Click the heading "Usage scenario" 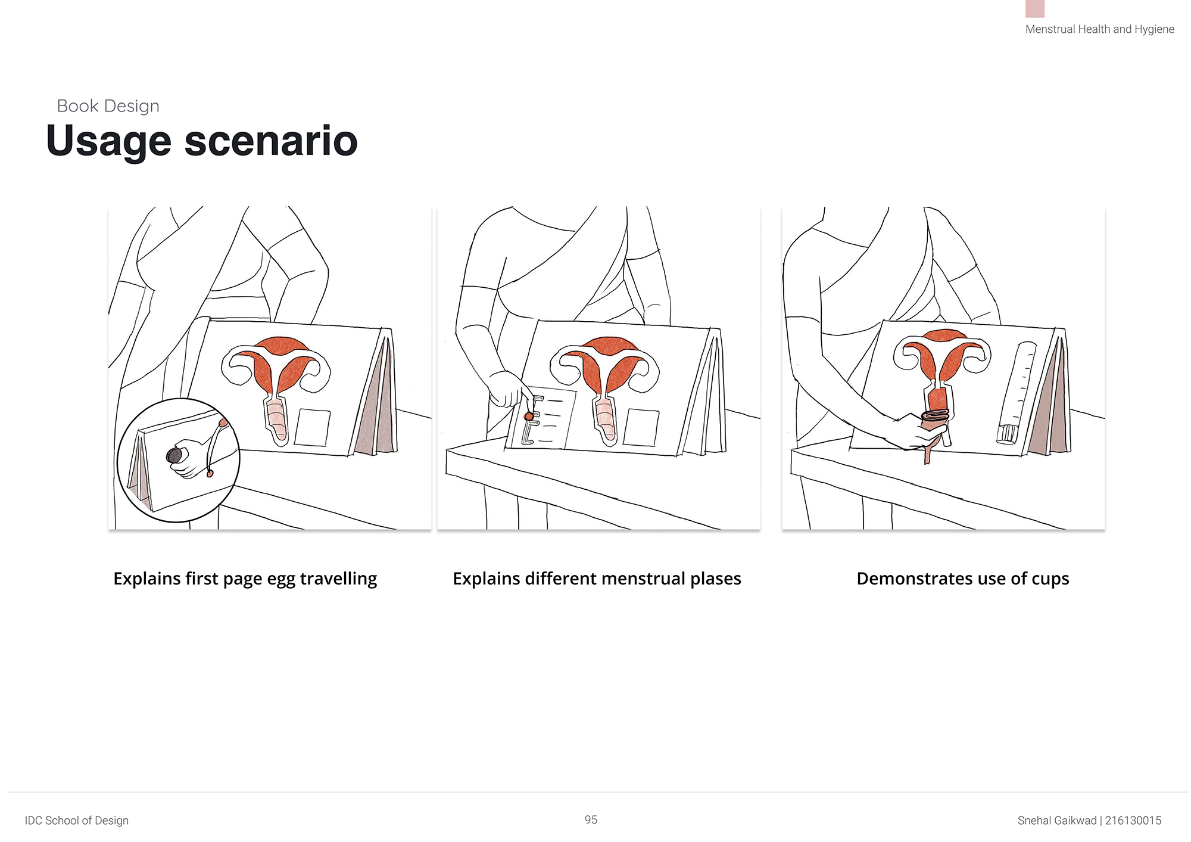click(x=202, y=142)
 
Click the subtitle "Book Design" click(x=108, y=106)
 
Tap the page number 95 click(x=591, y=820)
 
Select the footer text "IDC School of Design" click(x=77, y=821)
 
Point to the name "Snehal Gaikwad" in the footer click(x=1057, y=821)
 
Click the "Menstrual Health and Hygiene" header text click(x=1100, y=29)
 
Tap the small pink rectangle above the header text click(x=1035, y=8)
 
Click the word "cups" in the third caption click(x=1050, y=580)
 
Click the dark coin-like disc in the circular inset click(x=174, y=456)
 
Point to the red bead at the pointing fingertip click(x=528, y=416)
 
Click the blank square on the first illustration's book click(x=313, y=427)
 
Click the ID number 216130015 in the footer click(x=1133, y=821)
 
